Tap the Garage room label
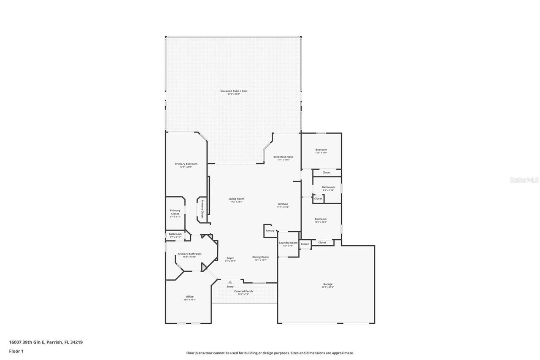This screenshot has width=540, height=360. (x=328, y=284)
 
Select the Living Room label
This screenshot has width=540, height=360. (x=236, y=199)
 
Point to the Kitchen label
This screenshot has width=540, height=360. (x=283, y=204)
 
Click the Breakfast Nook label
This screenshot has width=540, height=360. (x=283, y=157)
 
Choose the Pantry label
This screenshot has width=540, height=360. (x=270, y=230)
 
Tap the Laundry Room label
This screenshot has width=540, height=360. (x=288, y=243)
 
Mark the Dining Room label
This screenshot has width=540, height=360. (x=260, y=257)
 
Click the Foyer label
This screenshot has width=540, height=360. (x=230, y=258)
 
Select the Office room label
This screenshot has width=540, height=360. (x=189, y=297)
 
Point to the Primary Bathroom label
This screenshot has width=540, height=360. (x=189, y=254)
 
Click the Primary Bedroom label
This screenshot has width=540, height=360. (x=186, y=164)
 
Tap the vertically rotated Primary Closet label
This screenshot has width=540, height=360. (x=202, y=209)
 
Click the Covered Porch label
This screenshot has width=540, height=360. (x=243, y=291)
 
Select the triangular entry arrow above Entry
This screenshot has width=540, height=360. (x=230, y=282)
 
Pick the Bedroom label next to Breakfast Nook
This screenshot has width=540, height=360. (x=321, y=150)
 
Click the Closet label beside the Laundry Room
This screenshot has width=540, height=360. (x=305, y=244)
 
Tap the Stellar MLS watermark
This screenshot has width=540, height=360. (x=524, y=180)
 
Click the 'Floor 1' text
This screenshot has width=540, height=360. (x=16, y=351)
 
